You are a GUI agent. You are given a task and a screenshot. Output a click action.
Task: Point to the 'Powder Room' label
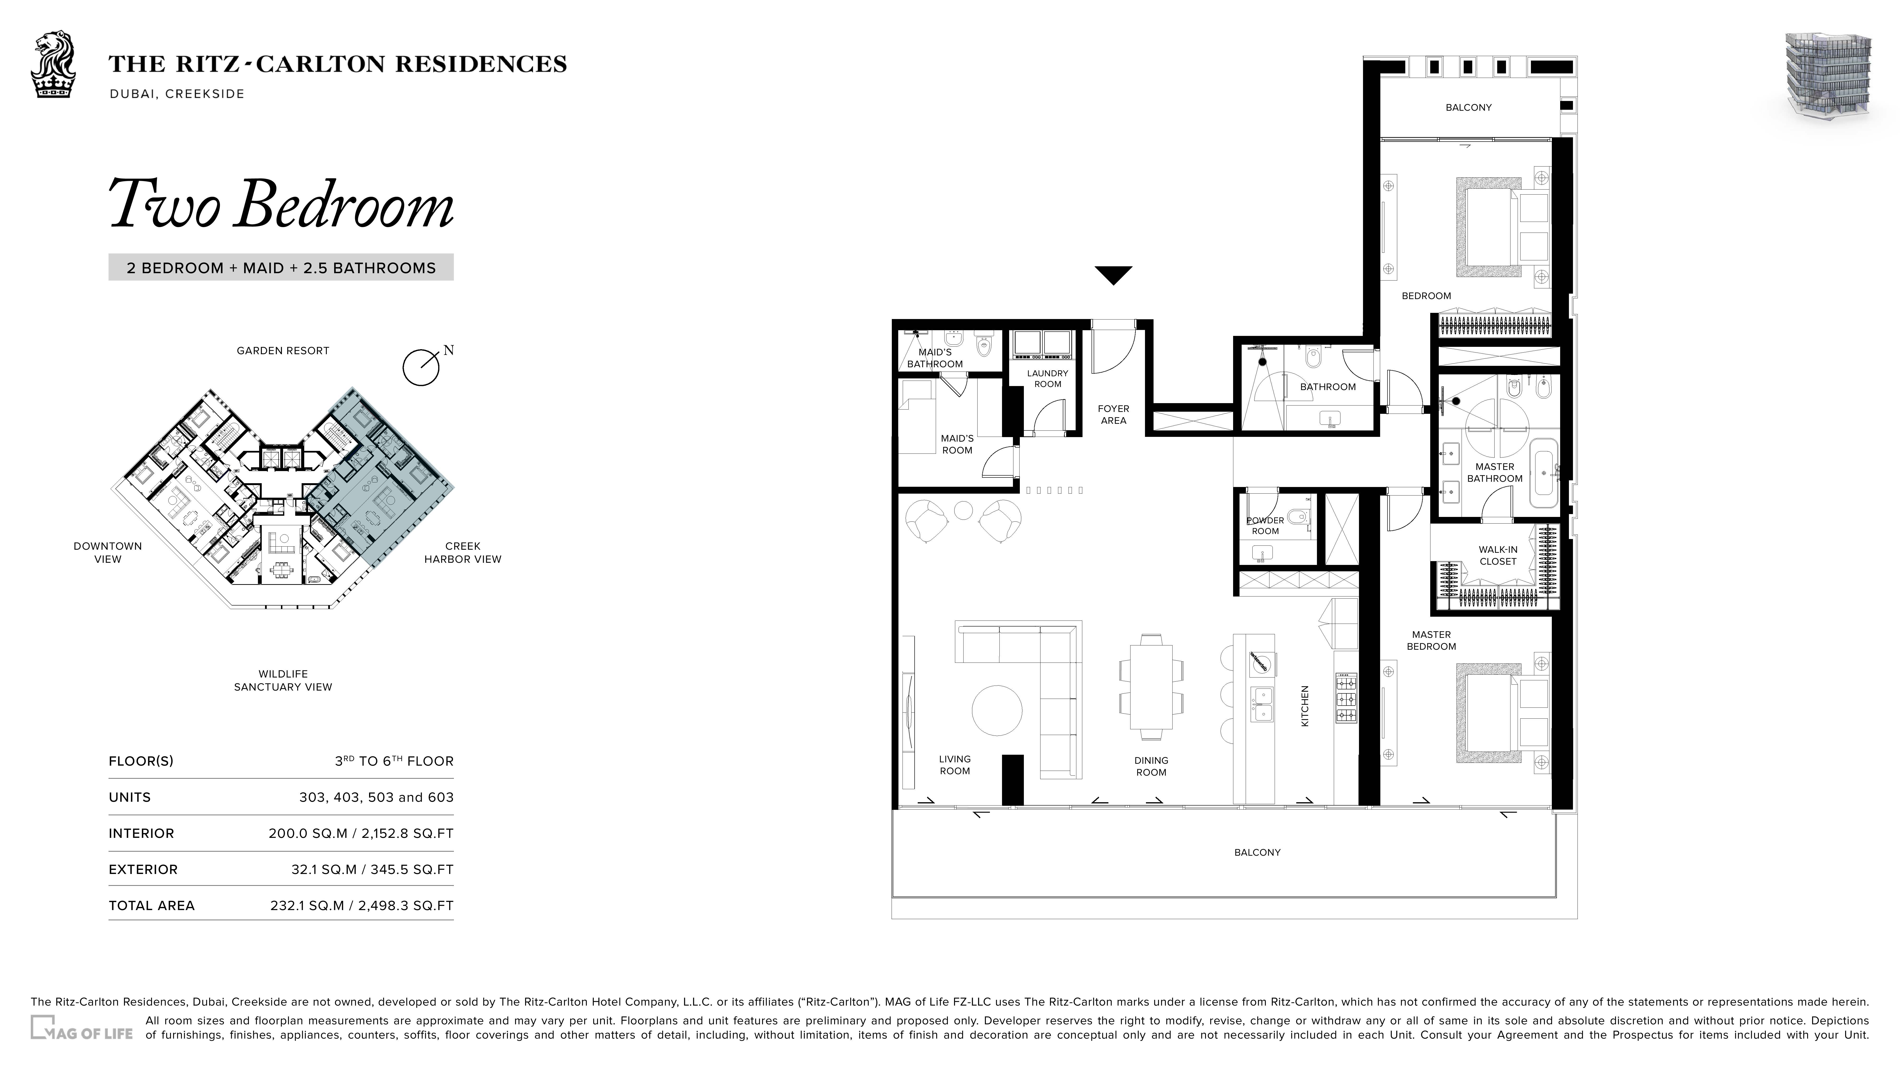(1265, 525)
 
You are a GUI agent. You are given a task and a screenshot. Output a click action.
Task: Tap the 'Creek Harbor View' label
(462, 553)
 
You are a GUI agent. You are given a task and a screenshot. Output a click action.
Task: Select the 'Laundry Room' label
(1047, 378)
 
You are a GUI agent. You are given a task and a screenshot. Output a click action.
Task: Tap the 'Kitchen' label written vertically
(1305, 706)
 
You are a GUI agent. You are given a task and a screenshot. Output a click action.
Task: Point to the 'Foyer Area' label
(1113, 415)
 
